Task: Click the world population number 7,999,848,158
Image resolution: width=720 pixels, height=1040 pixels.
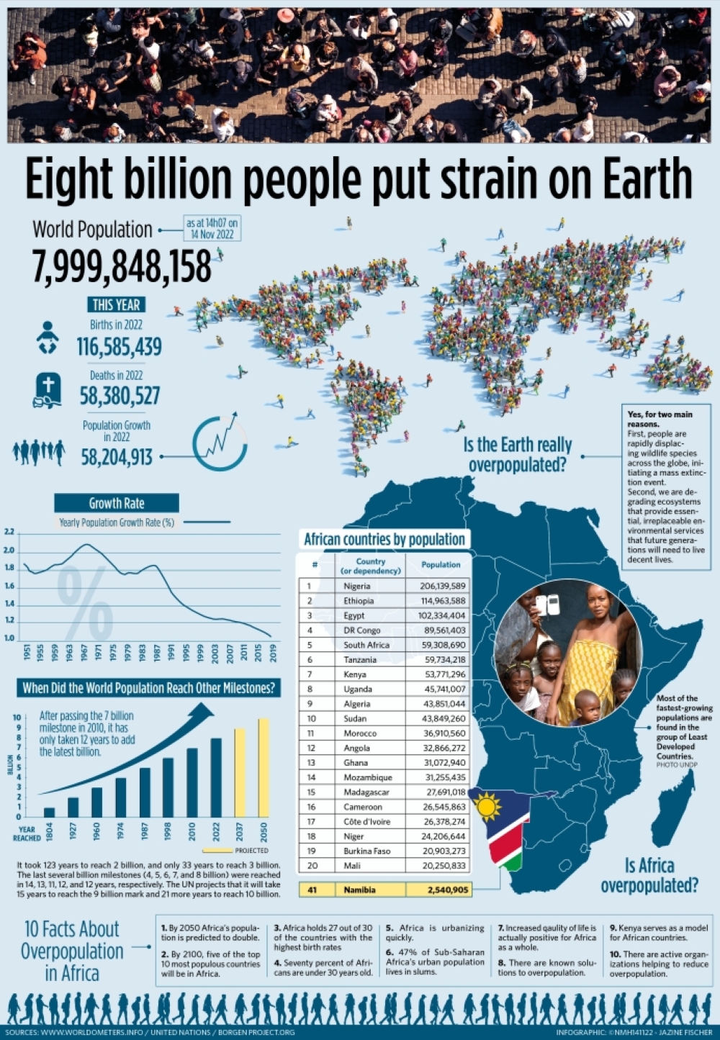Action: pyautogui.click(x=122, y=266)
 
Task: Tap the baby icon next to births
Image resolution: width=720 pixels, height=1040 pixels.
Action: pyautogui.click(x=48, y=337)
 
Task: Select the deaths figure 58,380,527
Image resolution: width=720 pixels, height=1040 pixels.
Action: pyautogui.click(x=120, y=396)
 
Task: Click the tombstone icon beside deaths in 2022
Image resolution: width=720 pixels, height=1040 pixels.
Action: pyautogui.click(x=48, y=390)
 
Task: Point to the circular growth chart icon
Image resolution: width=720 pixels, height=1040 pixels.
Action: pyautogui.click(x=220, y=444)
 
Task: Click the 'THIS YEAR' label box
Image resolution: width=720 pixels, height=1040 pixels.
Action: pyautogui.click(x=116, y=304)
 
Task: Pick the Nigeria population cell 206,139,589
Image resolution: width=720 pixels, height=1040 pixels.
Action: pyautogui.click(x=442, y=586)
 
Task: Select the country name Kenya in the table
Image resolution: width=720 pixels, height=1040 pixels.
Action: pyautogui.click(x=355, y=674)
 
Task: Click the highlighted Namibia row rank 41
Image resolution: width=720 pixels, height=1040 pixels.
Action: pyautogui.click(x=312, y=890)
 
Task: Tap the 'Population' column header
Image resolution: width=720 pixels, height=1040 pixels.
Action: pyautogui.click(x=441, y=565)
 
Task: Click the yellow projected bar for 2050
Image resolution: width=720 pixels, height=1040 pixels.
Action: pyautogui.click(x=264, y=767)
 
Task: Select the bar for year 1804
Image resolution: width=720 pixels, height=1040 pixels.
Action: pyautogui.click(x=49, y=812)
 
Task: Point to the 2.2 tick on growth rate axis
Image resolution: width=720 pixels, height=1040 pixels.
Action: pyautogui.click(x=9, y=533)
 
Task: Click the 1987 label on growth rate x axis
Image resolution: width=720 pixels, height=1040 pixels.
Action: pyautogui.click(x=157, y=653)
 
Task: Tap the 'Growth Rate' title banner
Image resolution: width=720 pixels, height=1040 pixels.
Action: pyautogui.click(x=117, y=503)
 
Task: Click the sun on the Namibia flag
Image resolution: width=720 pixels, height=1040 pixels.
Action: pyautogui.click(x=488, y=807)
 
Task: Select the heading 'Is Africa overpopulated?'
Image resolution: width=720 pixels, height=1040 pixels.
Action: pyautogui.click(x=649, y=875)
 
